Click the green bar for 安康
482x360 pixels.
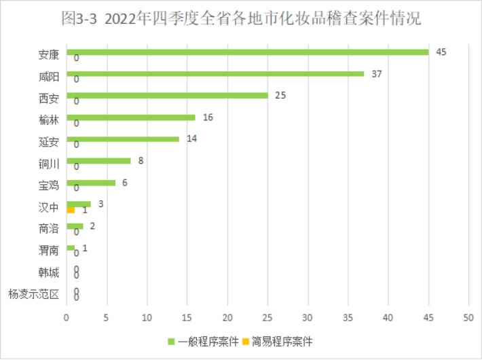[247, 52]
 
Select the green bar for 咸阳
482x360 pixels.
[215, 74]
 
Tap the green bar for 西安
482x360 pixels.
[167, 96]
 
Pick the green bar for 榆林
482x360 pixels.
[131, 118]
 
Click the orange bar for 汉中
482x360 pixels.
[71, 210]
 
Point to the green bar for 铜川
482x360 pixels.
[98, 161]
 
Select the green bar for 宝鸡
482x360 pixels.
[91, 183]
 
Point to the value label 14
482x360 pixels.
[191, 139]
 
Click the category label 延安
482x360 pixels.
[49, 142]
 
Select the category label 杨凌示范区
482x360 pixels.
[34, 295]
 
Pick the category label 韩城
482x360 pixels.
[49, 273]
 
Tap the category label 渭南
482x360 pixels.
[49, 251]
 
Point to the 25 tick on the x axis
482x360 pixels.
[267, 317]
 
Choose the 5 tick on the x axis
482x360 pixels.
[107, 317]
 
